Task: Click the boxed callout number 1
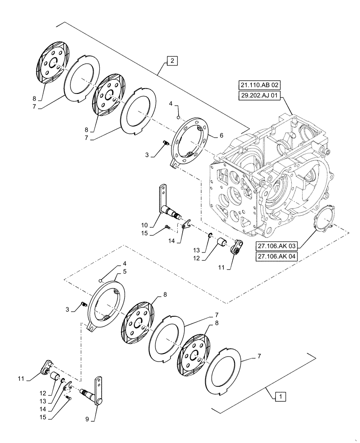pyautogui.click(x=278, y=396)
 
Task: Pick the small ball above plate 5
pyautogui.click(x=102, y=280)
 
